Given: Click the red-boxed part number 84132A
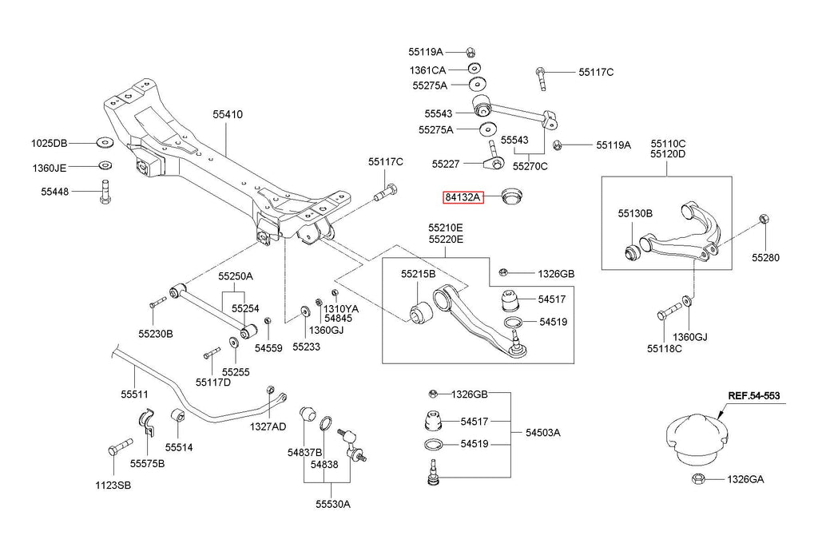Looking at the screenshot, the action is click(x=463, y=197).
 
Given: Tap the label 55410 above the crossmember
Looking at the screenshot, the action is click(x=228, y=114).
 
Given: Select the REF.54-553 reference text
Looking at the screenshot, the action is click(x=754, y=396).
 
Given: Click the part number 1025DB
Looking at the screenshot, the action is click(x=49, y=143).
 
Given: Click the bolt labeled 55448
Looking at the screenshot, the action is click(x=105, y=192).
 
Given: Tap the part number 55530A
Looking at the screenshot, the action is click(x=333, y=504).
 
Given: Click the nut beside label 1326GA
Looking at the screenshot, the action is click(x=698, y=478).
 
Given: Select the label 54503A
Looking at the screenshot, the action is click(x=543, y=432).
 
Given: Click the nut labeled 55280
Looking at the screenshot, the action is click(x=762, y=219).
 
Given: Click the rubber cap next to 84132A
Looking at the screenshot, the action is click(x=512, y=197).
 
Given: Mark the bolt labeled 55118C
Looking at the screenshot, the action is click(x=669, y=311).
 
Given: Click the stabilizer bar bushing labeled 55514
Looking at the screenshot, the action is click(x=178, y=418).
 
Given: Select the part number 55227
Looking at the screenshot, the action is click(x=446, y=164).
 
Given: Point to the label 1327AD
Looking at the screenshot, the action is click(x=268, y=426).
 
